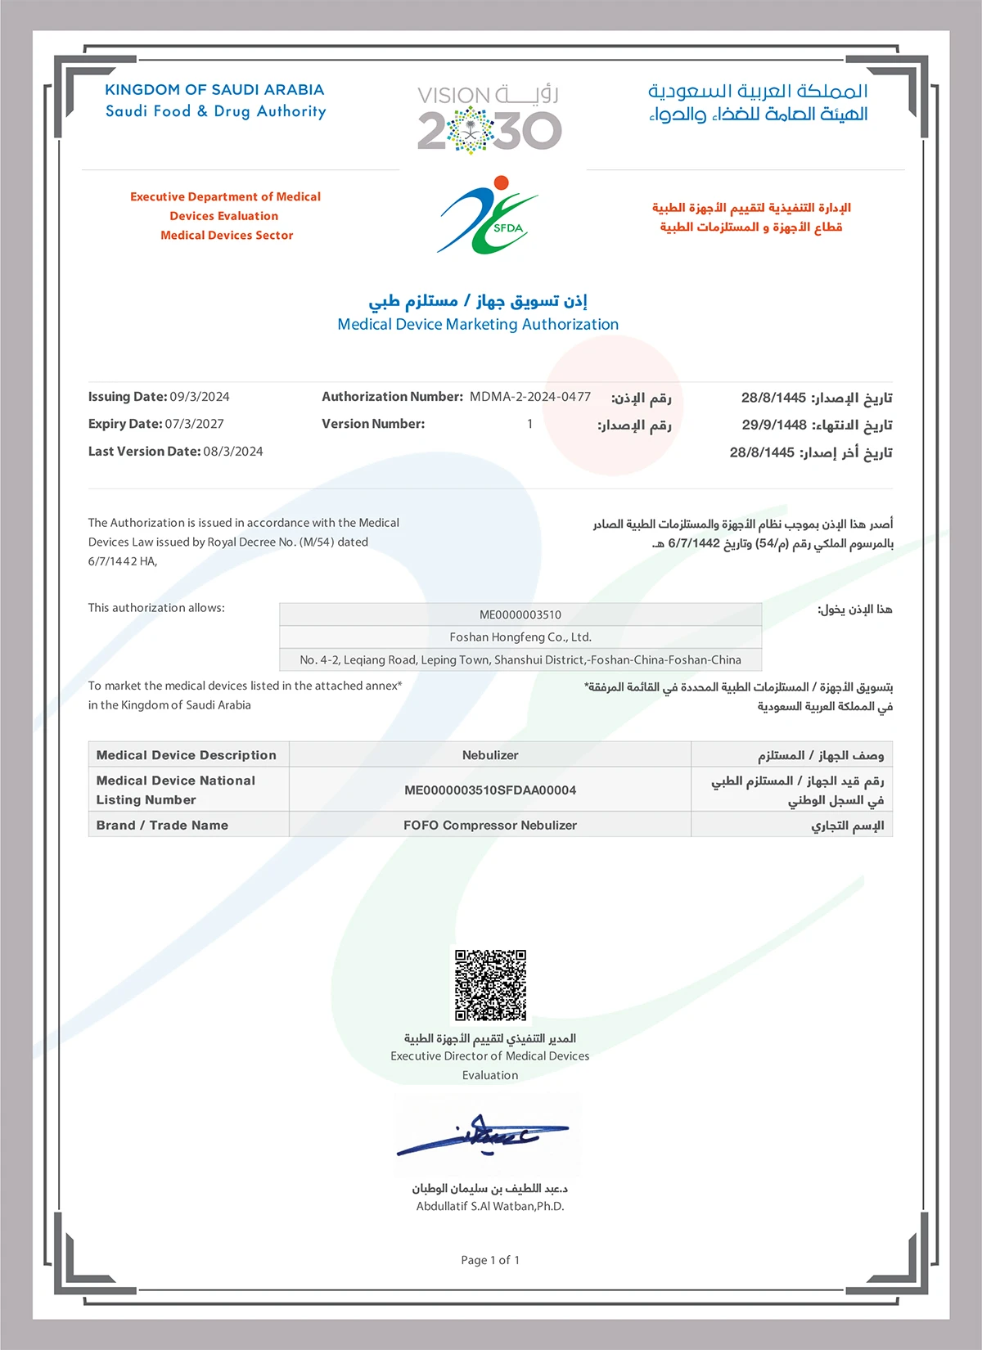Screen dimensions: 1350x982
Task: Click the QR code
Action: [490, 985]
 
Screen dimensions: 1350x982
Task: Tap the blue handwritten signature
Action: [483, 1135]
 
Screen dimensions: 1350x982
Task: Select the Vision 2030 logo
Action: [489, 119]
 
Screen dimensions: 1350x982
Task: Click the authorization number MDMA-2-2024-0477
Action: [529, 397]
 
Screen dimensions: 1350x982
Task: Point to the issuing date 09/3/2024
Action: [200, 397]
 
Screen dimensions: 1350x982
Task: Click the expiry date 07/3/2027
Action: [194, 424]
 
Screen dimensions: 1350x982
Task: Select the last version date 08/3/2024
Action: [232, 452]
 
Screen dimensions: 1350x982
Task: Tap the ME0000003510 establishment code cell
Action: [520, 614]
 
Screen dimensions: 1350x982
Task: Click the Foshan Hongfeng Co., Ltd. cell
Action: [520, 637]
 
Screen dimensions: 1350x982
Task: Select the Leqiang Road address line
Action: [520, 659]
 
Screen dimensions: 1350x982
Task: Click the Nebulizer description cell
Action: [489, 755]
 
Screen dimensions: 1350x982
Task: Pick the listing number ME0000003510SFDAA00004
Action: [489, 790]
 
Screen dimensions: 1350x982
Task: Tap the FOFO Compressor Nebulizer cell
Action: [489, 826]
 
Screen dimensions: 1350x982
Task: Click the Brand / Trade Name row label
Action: [162, 826]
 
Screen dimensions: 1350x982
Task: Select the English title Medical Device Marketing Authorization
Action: [478, 325]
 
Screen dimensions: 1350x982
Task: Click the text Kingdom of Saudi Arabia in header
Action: [214, 90]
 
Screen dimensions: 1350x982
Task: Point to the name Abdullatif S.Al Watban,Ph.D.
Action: [489, 1206]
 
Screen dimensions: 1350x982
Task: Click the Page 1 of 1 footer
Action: [489, 1260]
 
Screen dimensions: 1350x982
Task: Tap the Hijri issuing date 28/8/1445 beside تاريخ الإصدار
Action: [773, 398]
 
